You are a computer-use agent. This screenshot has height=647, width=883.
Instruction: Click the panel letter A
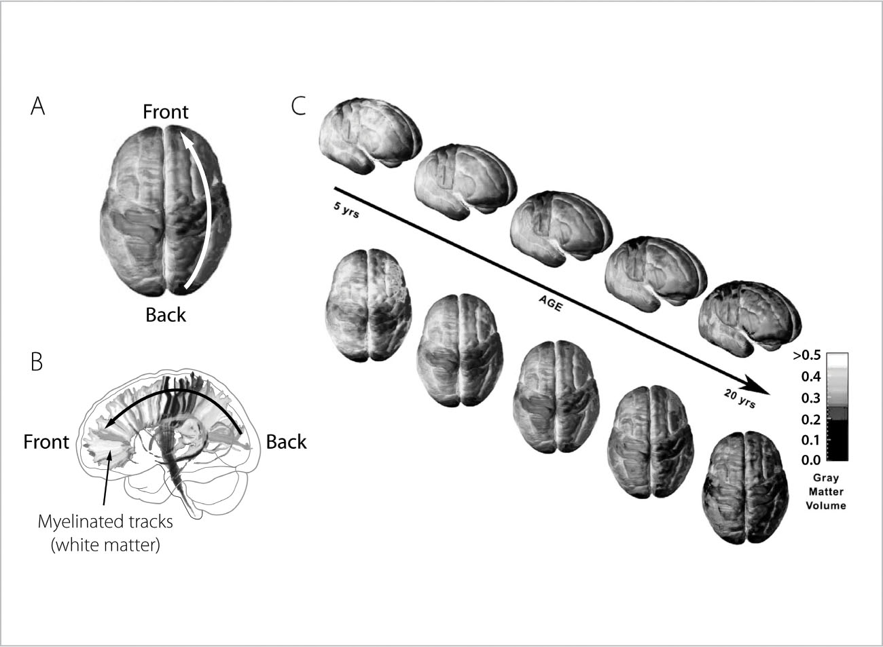click(x=38, y=107)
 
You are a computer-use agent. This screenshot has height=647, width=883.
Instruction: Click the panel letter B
click(x=37, y=363)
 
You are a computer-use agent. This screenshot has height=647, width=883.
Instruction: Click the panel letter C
click(x=298, y=107)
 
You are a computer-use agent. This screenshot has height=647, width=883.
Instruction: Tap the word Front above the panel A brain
click(x=166, y=112)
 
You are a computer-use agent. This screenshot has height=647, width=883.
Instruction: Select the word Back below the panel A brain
click(x=166, y=315)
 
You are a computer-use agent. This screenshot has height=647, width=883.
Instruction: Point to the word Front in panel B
click(x=46, y=442)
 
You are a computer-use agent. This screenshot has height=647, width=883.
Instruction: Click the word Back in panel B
click(x=286, y=442)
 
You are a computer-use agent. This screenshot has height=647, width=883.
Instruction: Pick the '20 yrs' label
click(x=736, y=401)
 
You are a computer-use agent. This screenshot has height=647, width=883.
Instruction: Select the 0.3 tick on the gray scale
click(x=810, y=398)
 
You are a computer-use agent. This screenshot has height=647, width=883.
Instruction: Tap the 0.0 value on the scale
click(x=810, y=460)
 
